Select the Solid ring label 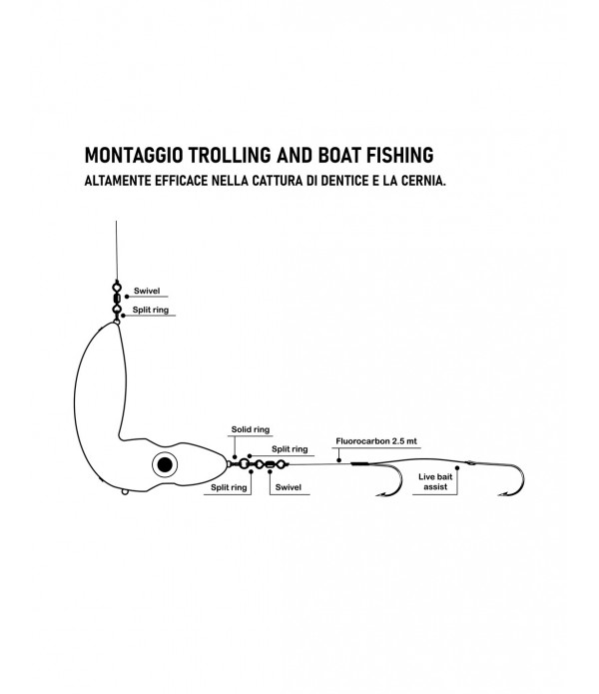pyautogui.click(x=250, y=429)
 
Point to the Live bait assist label pyautogui.click(x=436, y=482)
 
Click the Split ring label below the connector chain pyautogui.click(x=228, y=487)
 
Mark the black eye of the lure pyautogui.click(x=165, y=464)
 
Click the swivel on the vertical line pyautogui.click(x=116, y=296)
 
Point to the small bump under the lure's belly pyautogui.click(x=122, y=489)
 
